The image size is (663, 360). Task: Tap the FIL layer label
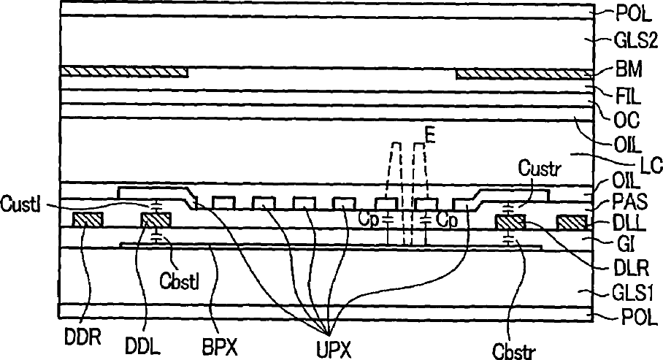pos(626,94)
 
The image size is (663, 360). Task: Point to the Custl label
pos(18,200)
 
